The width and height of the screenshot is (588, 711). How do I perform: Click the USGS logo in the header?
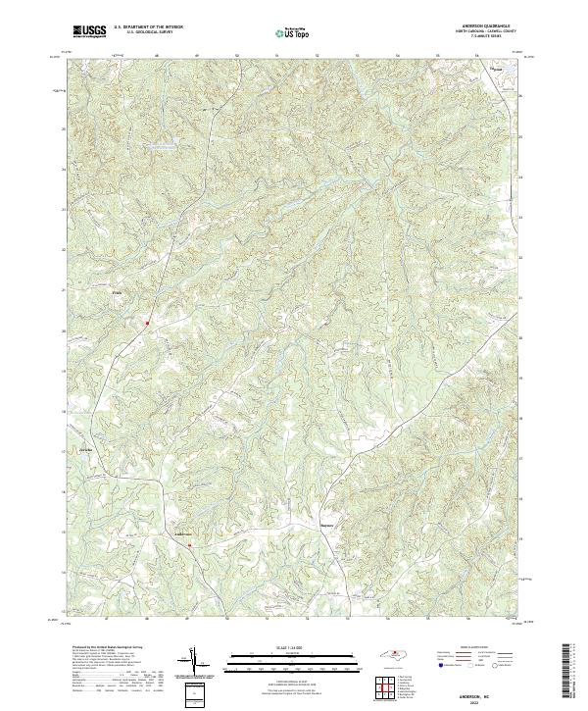(x=89, y=31)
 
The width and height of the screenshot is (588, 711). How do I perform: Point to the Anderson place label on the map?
(x=184, y=533)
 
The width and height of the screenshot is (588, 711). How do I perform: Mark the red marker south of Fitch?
(x=148, y=322)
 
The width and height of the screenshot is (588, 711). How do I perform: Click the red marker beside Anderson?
(x=189, y=545)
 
